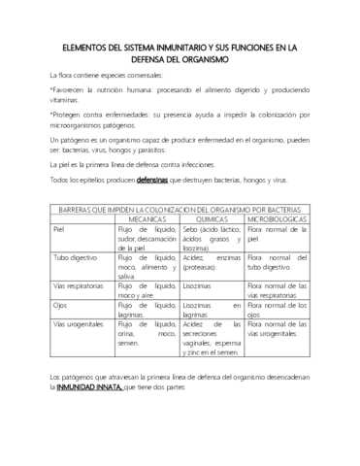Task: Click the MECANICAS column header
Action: (147, 221)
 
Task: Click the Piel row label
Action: (60, 231)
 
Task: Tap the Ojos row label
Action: (61, 305)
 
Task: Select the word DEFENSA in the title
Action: (158, 59)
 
